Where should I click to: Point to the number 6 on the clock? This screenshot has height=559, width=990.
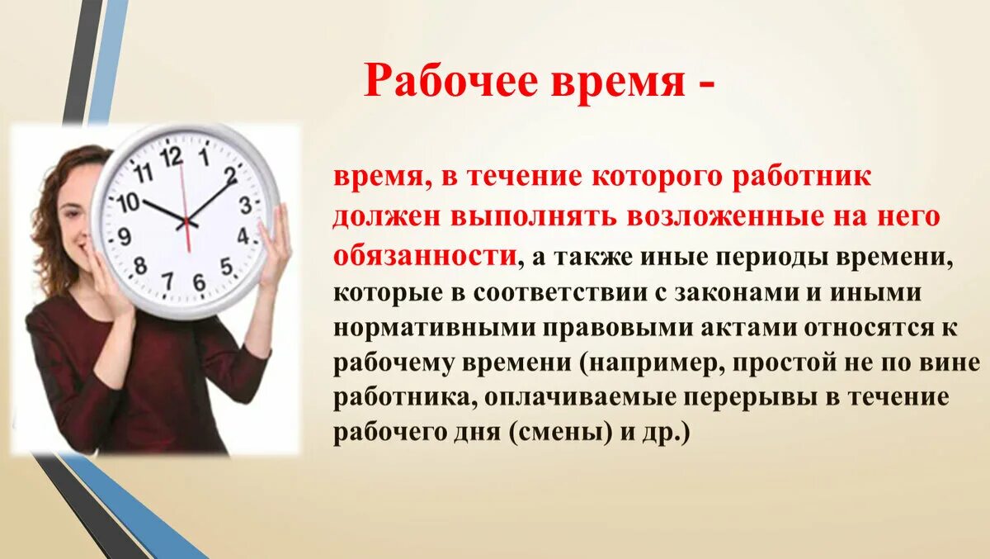point(199,282)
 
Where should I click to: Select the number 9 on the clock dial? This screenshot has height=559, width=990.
point(125,237)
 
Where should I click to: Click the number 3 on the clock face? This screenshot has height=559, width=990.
point(245,205)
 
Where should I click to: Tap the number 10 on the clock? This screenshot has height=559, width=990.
point(128,201)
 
